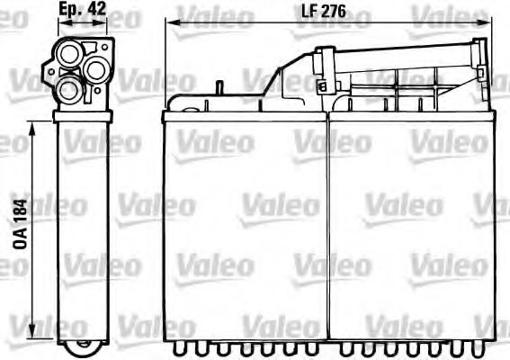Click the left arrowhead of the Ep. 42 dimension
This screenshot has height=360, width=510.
pos(58,25)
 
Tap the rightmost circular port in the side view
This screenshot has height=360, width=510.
pos(96,69)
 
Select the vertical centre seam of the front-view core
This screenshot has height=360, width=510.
pos(327,225)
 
